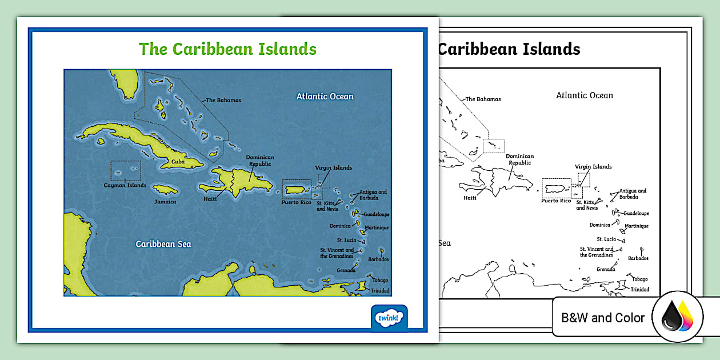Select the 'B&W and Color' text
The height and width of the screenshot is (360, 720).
[603, 318]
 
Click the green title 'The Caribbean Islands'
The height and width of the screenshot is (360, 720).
[227, 49]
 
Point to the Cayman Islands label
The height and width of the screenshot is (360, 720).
[125, 185]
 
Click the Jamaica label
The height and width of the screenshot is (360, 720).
[165, 202]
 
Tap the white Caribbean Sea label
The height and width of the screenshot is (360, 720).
[163, 244]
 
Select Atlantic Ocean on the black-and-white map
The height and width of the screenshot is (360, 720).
[585, 95]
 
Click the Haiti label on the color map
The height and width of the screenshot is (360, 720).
[210, 199]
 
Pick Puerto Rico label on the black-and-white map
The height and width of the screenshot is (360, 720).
[556, 201]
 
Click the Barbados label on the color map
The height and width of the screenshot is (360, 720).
[378, 259]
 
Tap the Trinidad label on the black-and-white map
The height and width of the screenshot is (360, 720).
[640, 290]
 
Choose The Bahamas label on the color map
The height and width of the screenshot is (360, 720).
[223, 100]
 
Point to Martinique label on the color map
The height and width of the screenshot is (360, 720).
[377, 227]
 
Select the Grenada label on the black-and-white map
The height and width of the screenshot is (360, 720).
[606, 269]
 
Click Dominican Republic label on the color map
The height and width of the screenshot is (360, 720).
[260, 161]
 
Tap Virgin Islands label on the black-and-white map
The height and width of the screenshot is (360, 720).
[593, 167]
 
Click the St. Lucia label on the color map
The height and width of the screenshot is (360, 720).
[346, 240]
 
